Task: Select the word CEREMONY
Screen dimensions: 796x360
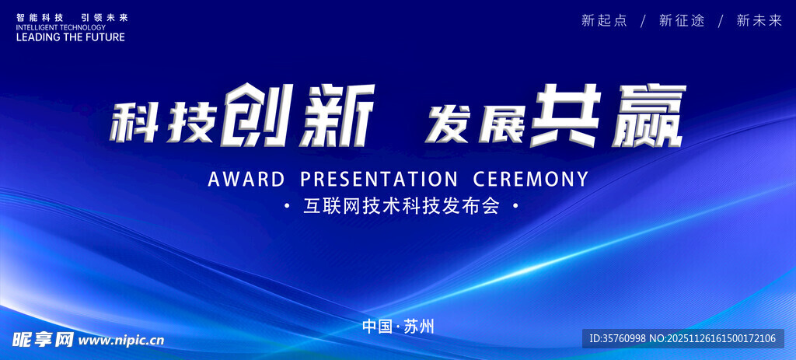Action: pyautogui.click(x=530, y=180)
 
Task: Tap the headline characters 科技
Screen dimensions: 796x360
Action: pyautogui.click(x=162, y=122)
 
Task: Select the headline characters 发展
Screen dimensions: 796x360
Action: pyautogui.click(x=476, y=122)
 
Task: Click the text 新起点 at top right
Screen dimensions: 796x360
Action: pyautogui.click(x=604, y=21)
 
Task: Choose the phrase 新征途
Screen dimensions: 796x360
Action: pyautogui.click(x=682, y=21)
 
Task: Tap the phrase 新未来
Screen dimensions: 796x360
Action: pyautogui.click(x=759, y=21)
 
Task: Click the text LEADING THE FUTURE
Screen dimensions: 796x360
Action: pyautogui.click(x=71, y=37)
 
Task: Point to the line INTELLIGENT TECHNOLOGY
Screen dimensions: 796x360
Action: pyautogui.click(x=61, y=27)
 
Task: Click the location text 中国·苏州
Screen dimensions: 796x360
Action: pyautogui.click(x=399, y=326)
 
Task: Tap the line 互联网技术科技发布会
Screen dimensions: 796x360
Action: pyautogui.click(x=401, y=206)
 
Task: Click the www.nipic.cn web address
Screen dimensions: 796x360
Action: pyautogui.click(x=121, y=340)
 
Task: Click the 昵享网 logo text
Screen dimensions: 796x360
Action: pyautogui.click(x=44, y=339)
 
